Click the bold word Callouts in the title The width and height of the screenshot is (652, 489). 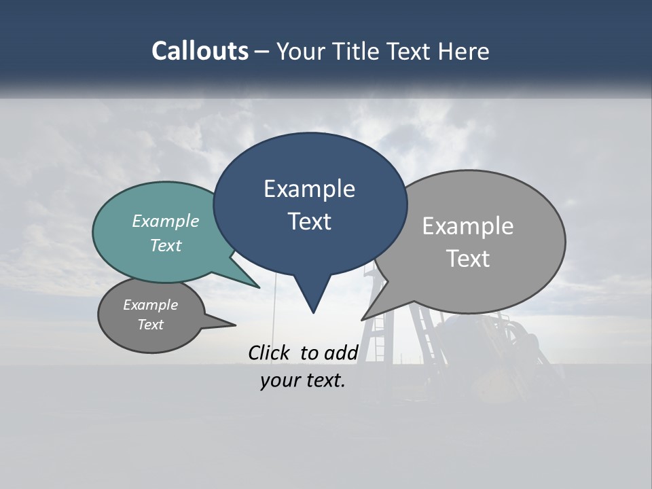coord(200,51)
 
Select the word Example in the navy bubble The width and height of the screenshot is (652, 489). coord(309,189)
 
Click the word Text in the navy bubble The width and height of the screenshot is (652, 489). coord(309,221)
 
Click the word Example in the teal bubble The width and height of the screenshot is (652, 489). coord(166,221)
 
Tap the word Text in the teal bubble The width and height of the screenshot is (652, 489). coord(166,245)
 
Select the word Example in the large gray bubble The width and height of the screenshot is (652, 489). coord(468,226)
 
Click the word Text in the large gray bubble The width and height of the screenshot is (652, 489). coord(468,259)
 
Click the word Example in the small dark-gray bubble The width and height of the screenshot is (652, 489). coord(150,305)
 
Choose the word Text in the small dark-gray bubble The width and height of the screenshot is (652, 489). coord(150,325)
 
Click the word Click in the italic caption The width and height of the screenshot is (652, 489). coord(270,352)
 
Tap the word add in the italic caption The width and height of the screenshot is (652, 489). coord(340,352)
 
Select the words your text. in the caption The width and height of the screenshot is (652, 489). coord(303,380)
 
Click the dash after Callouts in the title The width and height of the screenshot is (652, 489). coord(262,51)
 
